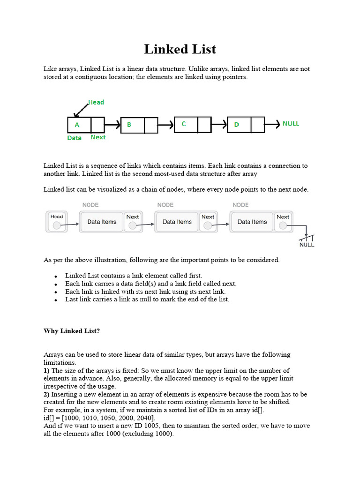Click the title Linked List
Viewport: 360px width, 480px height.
[x=180, y=49]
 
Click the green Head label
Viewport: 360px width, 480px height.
[x=96, y=102]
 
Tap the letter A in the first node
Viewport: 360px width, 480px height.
[x=77, y=125]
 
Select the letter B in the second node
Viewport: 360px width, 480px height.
[x=129, y=125]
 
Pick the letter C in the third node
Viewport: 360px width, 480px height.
[x=184, y=124]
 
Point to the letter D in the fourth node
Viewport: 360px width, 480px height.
[x=236, y=125]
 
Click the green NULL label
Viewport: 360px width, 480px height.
[x=290, y=124]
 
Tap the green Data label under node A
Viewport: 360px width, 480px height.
[x=74, y=138]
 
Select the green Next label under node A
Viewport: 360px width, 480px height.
[x=98, y=137]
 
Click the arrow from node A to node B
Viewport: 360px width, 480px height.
[x=112, y=125]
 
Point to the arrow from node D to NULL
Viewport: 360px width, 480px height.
[x=272, y=125]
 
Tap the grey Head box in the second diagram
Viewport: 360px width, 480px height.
[x=57, y=221]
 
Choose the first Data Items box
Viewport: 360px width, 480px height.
[x=102, y=222]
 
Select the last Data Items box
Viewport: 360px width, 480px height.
[x=252, y=222]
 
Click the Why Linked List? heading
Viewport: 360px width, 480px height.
[x=72, y=331]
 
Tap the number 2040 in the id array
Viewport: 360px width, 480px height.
[x=144, y=418]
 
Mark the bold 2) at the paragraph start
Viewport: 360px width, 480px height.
[x=47, y=394]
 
